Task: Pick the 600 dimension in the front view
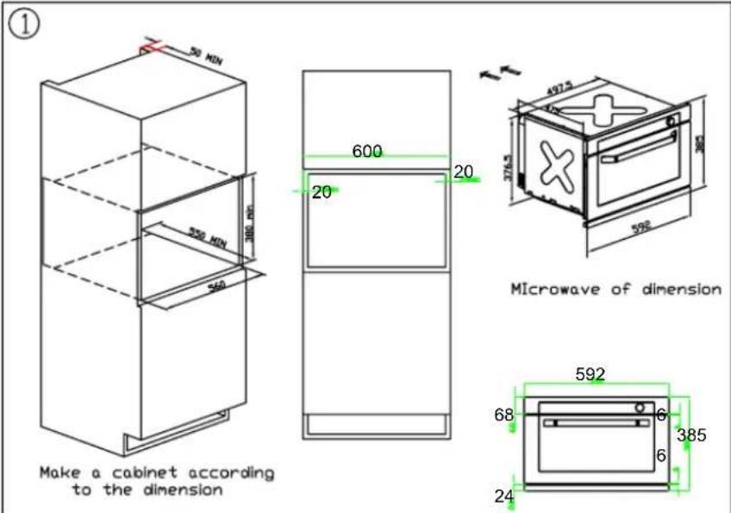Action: pos(367,151)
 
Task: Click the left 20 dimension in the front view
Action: pos(322,192)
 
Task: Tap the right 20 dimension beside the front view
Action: pos(463,172)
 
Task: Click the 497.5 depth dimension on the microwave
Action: pos(559,88)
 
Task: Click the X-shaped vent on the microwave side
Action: pos(553,164)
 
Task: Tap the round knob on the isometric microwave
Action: pos(671,122)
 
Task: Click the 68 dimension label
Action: pos(503,416)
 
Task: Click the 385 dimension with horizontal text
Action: pos(690,435)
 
